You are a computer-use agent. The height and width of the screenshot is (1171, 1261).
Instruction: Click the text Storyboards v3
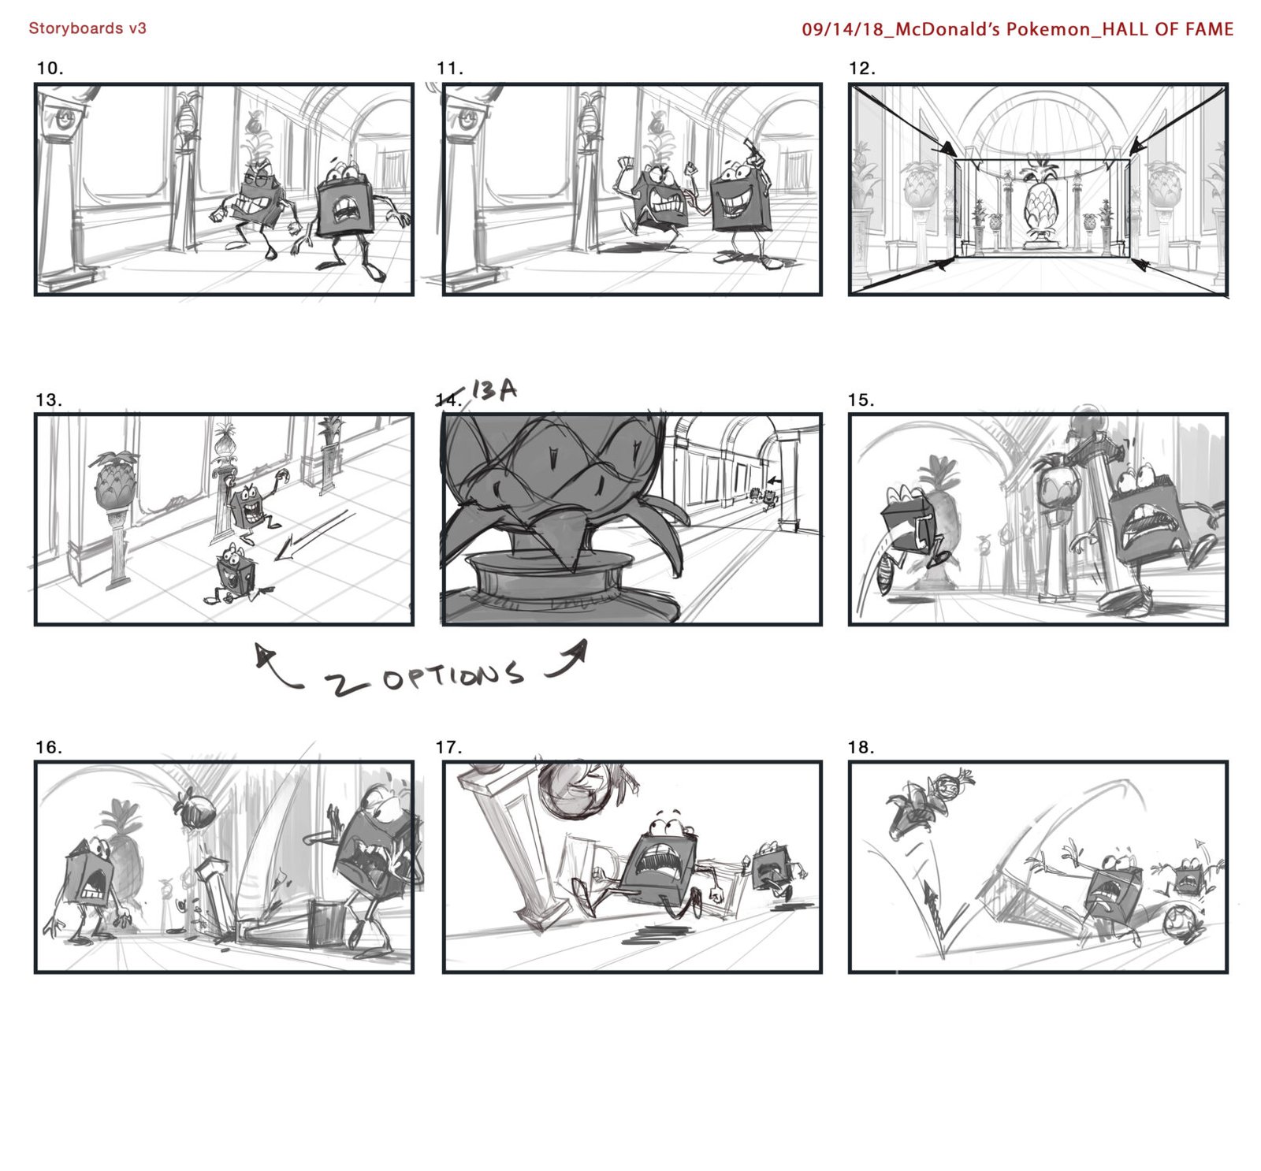pos(87,28)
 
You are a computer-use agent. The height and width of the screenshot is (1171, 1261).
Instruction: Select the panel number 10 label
pos(50,69)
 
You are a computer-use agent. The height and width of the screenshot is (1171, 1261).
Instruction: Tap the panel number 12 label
pos(862,69)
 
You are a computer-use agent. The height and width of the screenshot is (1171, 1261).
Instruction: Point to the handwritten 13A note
pos(494,389)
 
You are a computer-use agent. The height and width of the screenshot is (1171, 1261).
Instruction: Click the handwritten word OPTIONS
pos(452,678)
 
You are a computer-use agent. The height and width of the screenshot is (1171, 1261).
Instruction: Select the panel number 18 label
pos(861,747)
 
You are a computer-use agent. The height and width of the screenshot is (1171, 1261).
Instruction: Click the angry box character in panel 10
pos(257,203)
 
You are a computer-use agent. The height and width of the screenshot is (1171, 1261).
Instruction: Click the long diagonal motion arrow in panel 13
pos(311,536)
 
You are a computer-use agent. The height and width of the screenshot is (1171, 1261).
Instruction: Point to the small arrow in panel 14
pos(776,479)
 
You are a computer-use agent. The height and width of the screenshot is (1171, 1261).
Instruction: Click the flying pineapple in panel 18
pos(930,797)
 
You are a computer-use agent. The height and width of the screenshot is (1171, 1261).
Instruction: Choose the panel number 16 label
pos(50,747)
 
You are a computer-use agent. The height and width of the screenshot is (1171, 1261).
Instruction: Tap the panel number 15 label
pos(861,400)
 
